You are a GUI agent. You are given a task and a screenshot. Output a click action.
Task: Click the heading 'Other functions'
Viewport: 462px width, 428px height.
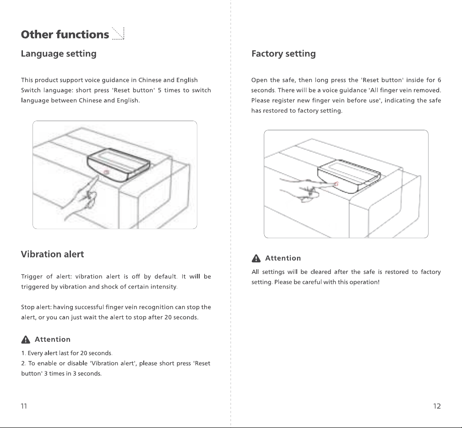[x=65, y=34]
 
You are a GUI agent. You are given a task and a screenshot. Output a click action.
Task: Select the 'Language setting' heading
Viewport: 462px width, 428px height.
[x=59, y=54]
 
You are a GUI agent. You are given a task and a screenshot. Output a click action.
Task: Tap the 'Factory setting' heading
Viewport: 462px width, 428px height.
[x=283, y=54]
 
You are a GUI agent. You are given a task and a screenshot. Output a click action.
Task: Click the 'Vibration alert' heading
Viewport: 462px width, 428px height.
[x=53, y=254]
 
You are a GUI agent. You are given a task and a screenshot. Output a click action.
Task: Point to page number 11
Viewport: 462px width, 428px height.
[x=24, y=406]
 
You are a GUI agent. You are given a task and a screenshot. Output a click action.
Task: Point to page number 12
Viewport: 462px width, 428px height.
[x=437, y=406]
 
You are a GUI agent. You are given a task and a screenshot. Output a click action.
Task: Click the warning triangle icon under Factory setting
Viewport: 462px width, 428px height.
[x=256, y=258]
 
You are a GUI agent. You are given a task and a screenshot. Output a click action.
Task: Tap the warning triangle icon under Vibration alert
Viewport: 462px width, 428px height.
[x=26, y=340]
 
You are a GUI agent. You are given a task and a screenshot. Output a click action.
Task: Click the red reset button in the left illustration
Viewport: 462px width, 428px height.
[x=107, y=172]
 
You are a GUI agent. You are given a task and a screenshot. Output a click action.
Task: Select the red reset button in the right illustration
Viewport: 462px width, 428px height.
[x=336, y=184]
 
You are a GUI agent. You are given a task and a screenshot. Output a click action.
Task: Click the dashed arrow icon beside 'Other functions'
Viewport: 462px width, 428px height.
[x=118, y=33]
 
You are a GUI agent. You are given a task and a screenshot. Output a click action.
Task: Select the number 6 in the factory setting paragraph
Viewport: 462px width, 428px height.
[x=439, y=80]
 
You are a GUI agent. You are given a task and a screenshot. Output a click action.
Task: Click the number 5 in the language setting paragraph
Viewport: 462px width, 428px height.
[x=159, y=90]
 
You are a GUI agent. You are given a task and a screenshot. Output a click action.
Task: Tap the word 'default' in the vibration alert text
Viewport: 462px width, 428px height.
[x=166, y=277]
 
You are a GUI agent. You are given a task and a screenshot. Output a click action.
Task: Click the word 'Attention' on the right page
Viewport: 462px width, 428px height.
[x=283, y=258]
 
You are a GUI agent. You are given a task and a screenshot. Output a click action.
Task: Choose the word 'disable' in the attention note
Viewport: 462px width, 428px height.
[x=77, y=363]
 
